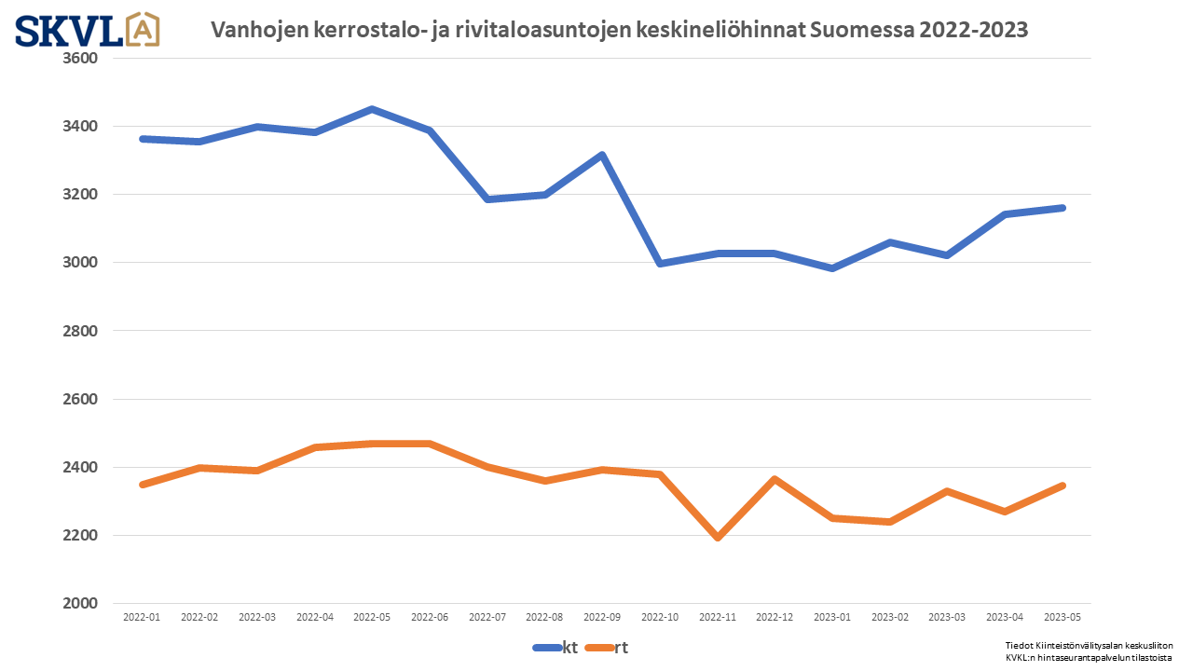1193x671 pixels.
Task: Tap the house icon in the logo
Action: [x=142, y=29]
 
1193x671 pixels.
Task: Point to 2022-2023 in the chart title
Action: [x=973, y=30]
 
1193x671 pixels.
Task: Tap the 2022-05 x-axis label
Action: [x=372, y=617]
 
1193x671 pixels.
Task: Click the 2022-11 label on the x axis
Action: [x=718, y=617]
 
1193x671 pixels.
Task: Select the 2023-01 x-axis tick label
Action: [x=832, y=617]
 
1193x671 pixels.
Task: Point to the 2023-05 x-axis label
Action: [x=1063, y=617]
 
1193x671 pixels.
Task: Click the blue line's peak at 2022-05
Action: [x=372, y=109]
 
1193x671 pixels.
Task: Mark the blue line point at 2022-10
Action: [x=660, y=264]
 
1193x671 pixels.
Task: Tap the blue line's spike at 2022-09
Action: [x=602, y=155]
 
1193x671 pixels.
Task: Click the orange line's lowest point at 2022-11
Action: [x=718, y=538]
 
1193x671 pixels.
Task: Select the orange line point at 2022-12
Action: [x=775, y=479]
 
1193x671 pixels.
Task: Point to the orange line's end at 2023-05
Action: [x=1063, y=486]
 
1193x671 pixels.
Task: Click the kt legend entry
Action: [x=556, y=648]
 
